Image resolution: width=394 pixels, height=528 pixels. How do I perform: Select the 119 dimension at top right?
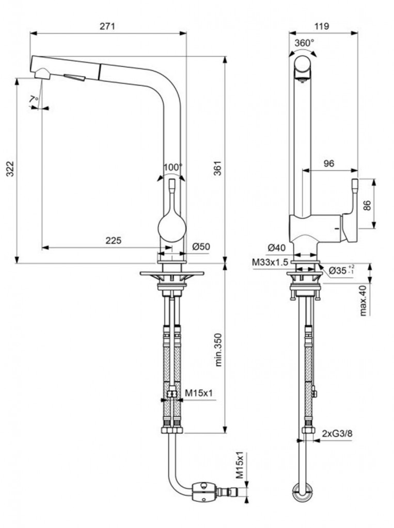[x=322, y=26]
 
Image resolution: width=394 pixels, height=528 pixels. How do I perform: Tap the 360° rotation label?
[x=304, y=43]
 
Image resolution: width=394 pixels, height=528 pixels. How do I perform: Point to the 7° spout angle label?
[x=34, y=98]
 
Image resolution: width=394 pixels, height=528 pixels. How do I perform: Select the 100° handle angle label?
[x=172, y=167]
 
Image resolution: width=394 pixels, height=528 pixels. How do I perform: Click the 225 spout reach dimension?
[x=113, y=240]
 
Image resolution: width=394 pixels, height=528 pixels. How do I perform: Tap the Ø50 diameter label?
[x=201, y=247]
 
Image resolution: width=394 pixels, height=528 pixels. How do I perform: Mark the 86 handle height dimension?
[x=367, y=205]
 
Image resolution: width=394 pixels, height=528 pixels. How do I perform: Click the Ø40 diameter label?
[x=276, y=247]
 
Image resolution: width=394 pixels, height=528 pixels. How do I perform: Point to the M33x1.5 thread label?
[x=269, y=262]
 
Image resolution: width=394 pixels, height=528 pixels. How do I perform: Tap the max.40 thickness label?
[x=364, y=301]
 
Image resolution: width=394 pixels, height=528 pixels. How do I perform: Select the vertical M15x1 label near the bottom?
[x=240, y=466]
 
